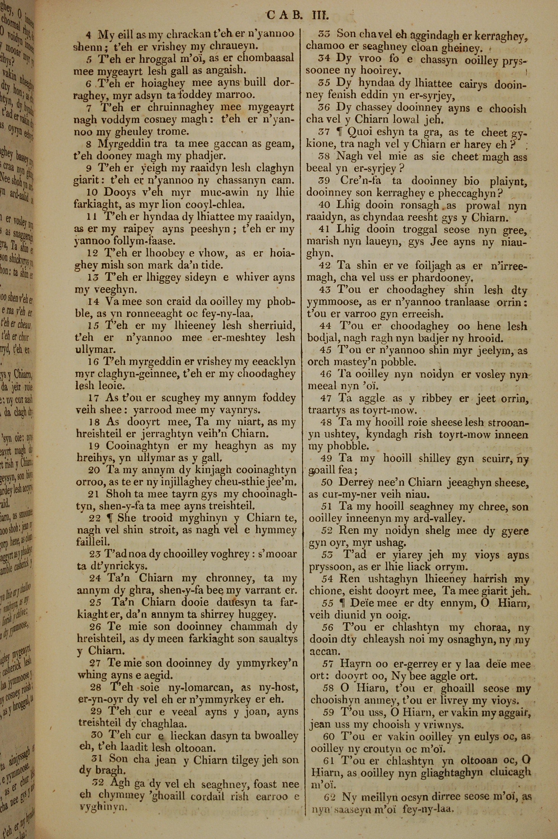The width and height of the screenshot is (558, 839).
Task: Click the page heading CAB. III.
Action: (298, 16)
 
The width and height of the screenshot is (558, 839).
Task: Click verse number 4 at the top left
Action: (89, 35)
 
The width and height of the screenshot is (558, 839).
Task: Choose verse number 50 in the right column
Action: (327, 483)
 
